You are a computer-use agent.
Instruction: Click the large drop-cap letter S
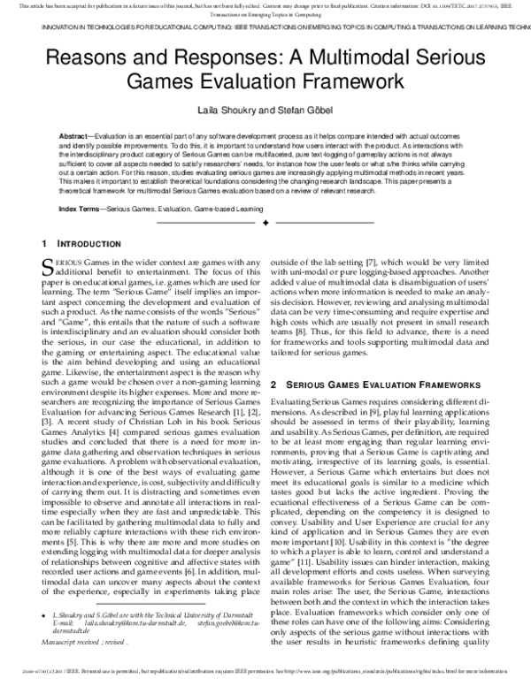[49, 267]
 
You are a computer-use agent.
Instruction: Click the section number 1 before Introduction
[45, 244]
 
